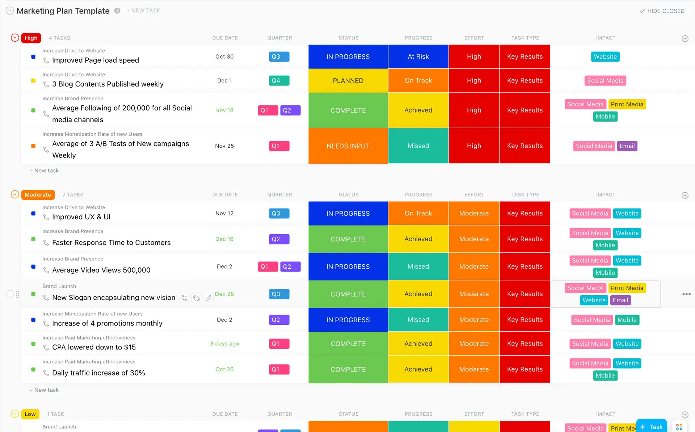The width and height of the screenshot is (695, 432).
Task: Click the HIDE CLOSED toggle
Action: coord(662,11)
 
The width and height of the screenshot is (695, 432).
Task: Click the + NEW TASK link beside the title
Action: coord(143,11)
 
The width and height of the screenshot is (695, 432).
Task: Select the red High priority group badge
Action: coord(31,38)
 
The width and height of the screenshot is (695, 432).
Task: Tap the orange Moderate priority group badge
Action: coord(38,195)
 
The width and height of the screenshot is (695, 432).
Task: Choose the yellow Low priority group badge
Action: coord(30,414)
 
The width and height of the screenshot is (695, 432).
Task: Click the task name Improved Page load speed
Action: coord(96,60)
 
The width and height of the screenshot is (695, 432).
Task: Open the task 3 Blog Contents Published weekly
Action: coord(108,84)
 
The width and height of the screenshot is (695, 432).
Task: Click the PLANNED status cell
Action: coord(348,80)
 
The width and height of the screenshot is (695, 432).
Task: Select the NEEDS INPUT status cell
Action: coord(348,146)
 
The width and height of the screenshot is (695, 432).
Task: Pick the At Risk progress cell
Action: coord(418,56)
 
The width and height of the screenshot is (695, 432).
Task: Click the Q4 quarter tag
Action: coord(279,80)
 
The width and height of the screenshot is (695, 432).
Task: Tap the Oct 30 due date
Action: coord(224,56)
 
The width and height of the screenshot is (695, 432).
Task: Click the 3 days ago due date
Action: coord(224,344)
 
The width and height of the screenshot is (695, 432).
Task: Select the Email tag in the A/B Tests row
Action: coord(627,146)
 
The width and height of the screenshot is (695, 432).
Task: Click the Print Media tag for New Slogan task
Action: coord(627,288)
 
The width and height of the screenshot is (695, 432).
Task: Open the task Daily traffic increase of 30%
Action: coord(98,373)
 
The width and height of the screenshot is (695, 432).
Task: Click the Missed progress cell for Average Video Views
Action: coord(418,267)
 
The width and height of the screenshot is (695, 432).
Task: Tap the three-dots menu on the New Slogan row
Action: coord(686,294)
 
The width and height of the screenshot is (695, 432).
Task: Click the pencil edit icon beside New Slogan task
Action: coord(208,298)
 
